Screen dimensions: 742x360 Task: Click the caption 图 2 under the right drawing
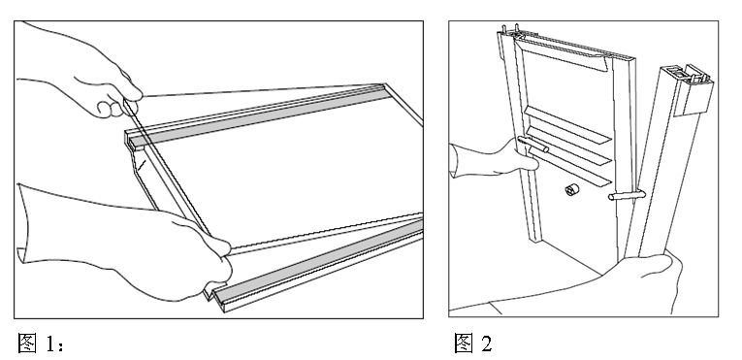pyautogui.click(x=472, y=343)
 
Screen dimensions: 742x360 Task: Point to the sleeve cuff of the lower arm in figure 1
pyautogui.click(x=23, y=222)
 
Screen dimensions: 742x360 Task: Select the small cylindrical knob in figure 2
pyautogui.click(x=572, y=190)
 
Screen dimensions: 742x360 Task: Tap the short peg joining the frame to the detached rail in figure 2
pyautogui.click(x=626, y=195)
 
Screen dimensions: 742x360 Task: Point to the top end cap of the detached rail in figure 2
pyautogui.click(x=694, y=90)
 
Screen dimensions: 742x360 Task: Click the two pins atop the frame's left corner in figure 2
pyautogui.click(x=510, y=29)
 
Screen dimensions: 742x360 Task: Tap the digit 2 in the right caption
pyautogui.click(x=487, y=344)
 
